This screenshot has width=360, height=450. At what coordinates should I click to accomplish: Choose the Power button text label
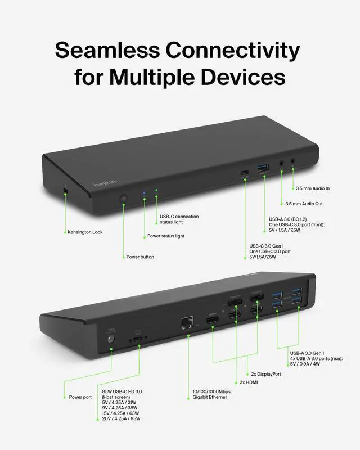click(x=140, y=256)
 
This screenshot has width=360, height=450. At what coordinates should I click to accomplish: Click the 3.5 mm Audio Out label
click(x=304, y=204)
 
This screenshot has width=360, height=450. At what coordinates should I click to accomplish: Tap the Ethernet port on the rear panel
click(x=186, y=323)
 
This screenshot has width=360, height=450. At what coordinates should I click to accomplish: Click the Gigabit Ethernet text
click(x=206, y=397)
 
